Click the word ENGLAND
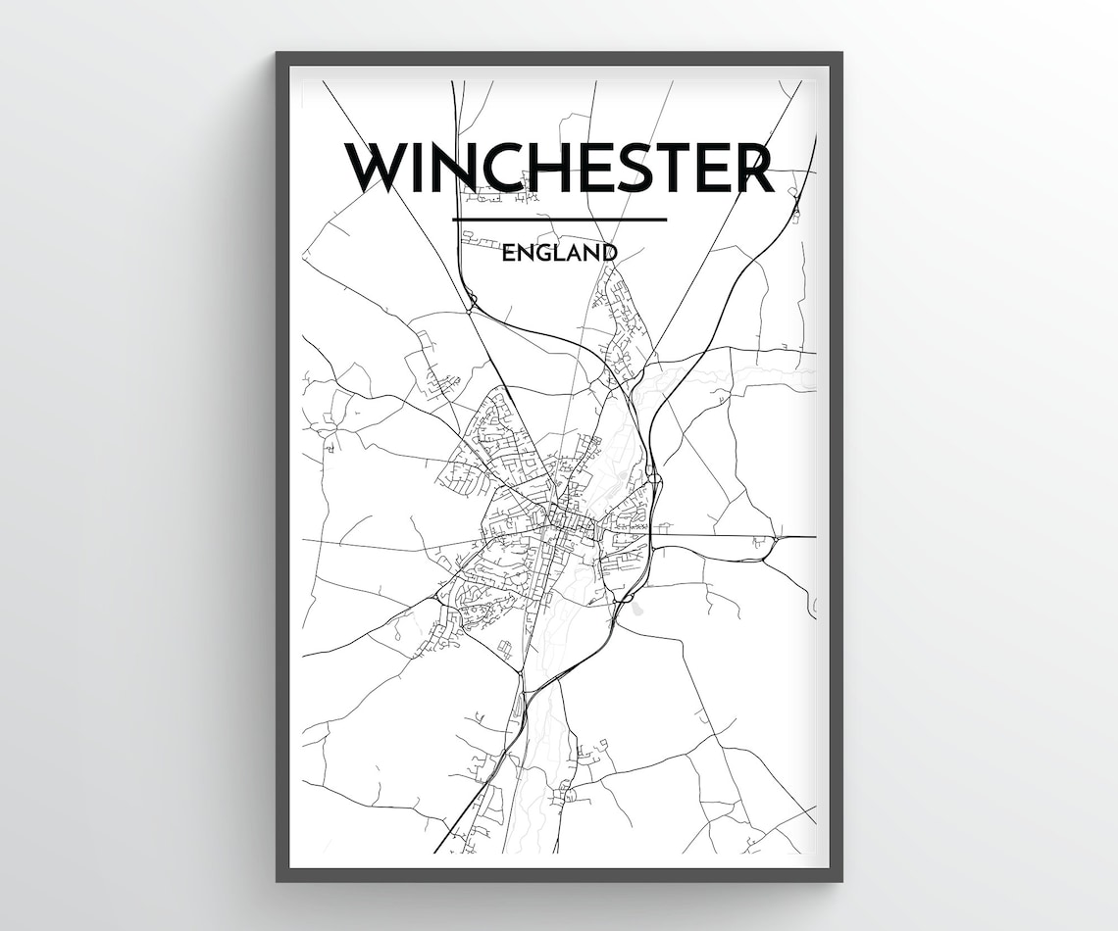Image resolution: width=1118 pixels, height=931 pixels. [559, 253]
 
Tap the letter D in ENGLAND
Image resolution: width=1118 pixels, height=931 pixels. [609, 253]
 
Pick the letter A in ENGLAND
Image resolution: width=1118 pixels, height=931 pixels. [574, 253]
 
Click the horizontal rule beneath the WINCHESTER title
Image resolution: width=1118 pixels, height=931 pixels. [559, 219]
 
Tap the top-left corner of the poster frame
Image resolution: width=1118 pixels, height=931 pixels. [279, 55]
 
